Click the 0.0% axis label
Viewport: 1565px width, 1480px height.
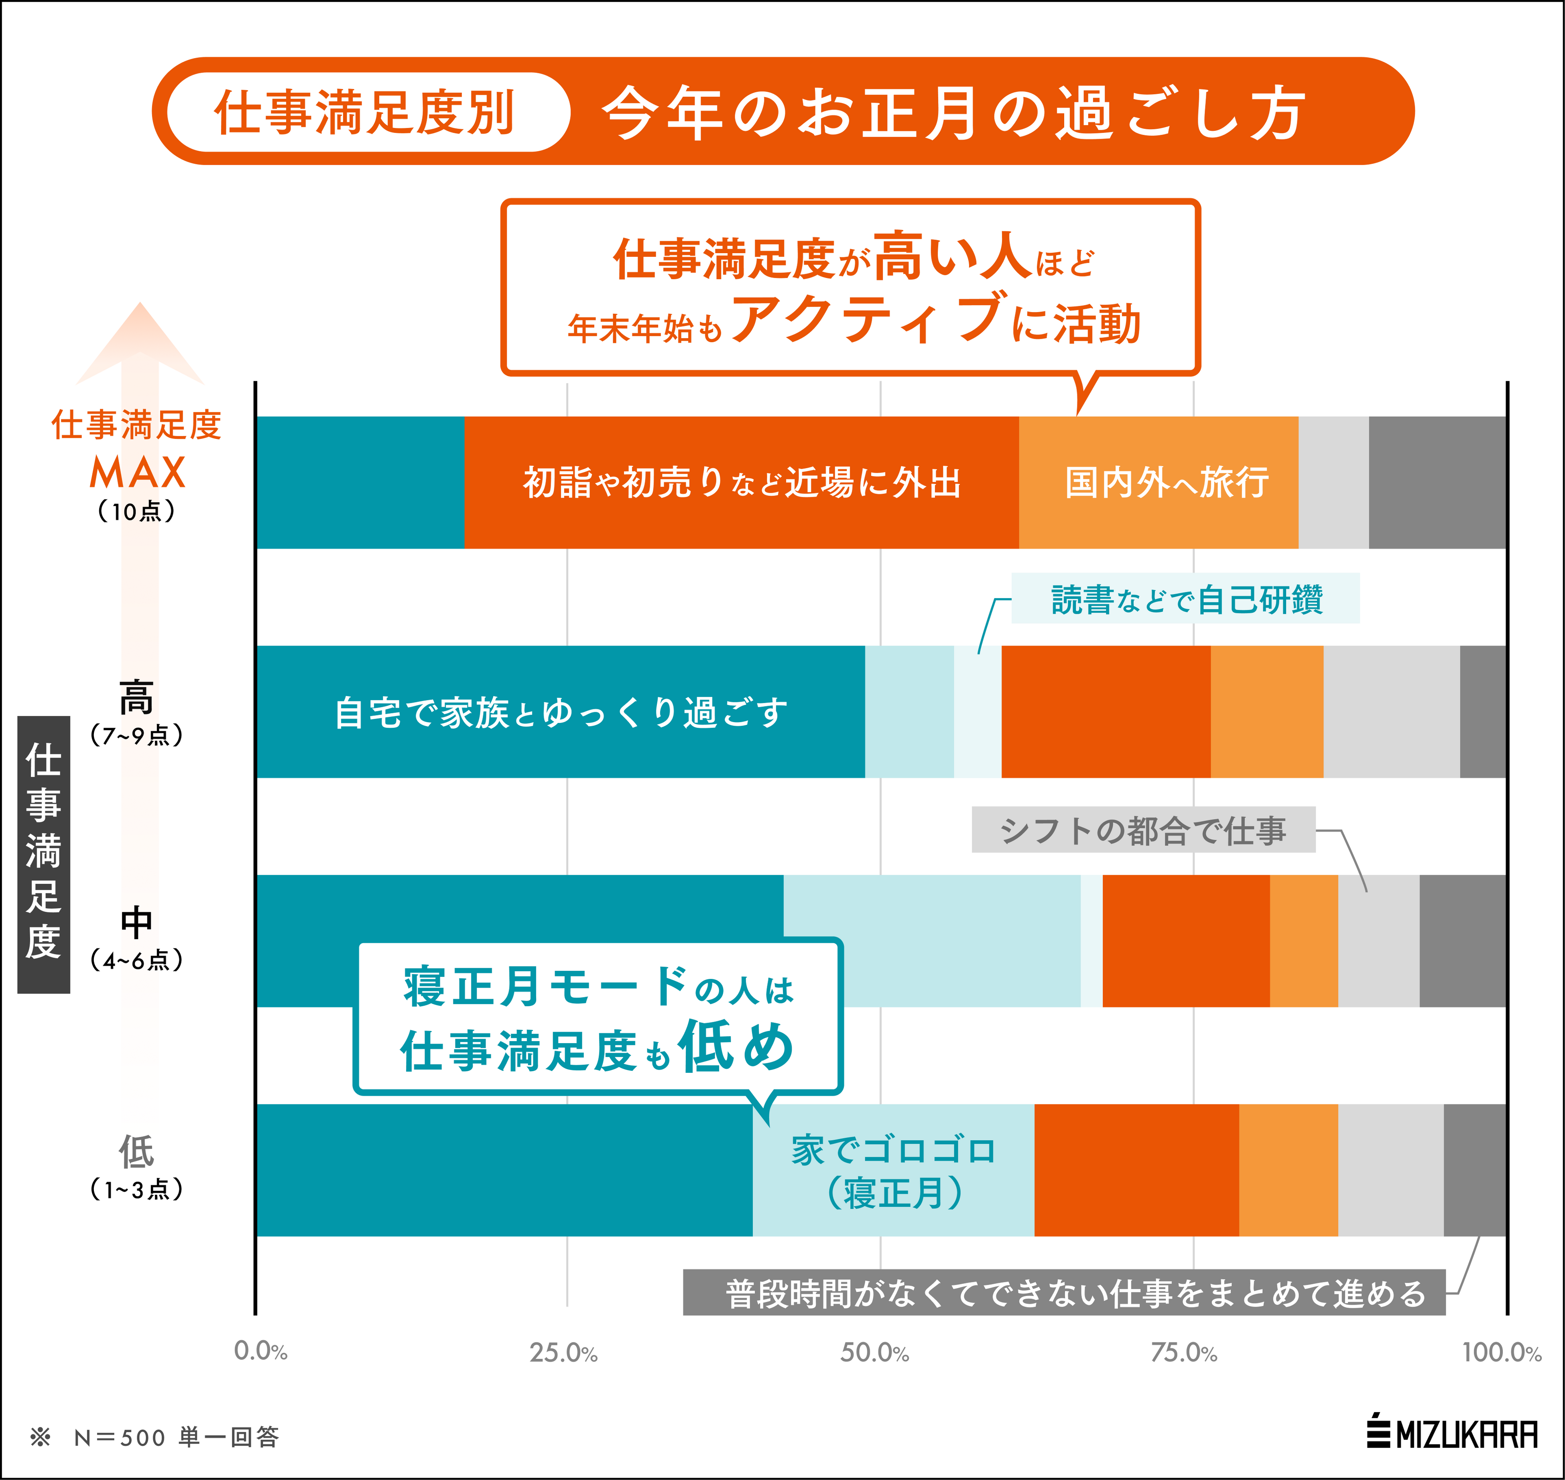(x=260, y=1351)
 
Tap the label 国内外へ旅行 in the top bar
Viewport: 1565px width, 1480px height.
(x=1167, y=482)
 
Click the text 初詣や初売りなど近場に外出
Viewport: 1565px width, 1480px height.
(x=742, y=482)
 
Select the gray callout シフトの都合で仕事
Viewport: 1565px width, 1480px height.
(x=1143, y=830)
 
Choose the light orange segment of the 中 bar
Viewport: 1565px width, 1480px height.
(x=1304, y=940)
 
